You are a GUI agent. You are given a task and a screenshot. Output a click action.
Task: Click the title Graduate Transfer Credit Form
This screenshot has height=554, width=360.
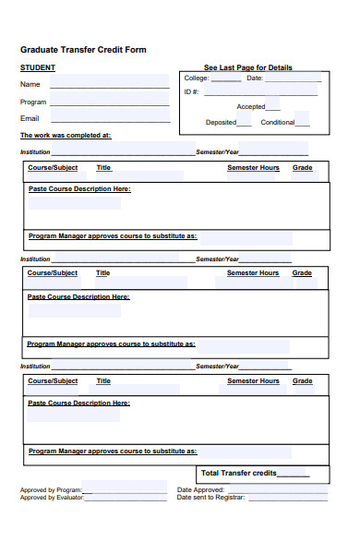click(83, 50)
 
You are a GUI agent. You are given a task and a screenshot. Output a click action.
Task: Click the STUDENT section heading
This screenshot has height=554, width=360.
click(37, 68)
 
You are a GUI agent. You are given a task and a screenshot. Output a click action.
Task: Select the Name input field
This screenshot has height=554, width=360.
click(110, 84)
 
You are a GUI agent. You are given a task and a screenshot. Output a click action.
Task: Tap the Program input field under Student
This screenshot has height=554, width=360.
click(110, 102)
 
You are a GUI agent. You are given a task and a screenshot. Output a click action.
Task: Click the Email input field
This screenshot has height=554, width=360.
click(110, 119)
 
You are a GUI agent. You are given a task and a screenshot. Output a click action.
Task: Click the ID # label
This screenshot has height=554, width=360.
click(191, 91)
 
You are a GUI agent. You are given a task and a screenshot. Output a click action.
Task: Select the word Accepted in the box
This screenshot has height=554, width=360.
click(251, 107)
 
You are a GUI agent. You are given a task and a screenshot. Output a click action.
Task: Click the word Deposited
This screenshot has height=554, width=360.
click(222, 122)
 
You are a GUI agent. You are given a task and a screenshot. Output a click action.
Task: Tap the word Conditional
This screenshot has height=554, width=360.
click(278, 122)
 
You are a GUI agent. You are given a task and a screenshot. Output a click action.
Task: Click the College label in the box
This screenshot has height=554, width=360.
click(196, 78)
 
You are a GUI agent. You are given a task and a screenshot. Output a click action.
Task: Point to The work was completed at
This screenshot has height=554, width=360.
click(66, 135)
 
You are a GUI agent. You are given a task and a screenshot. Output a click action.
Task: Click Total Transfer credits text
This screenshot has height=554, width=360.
click(239, 473)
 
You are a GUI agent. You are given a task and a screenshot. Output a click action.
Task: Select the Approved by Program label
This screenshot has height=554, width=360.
click(51, 490)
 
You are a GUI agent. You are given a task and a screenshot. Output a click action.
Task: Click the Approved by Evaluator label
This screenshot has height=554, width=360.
click(52, 498)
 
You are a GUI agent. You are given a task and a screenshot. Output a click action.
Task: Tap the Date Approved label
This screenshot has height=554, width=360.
click(200, 490)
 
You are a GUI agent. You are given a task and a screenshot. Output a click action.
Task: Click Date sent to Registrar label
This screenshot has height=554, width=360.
click(211, 498)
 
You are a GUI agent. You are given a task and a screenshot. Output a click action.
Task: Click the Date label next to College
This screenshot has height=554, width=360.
click(255, 78)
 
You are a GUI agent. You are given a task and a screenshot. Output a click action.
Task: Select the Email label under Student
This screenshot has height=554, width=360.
click(30, 118)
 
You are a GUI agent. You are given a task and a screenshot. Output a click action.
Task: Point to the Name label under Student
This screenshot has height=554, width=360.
click(30, 84)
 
